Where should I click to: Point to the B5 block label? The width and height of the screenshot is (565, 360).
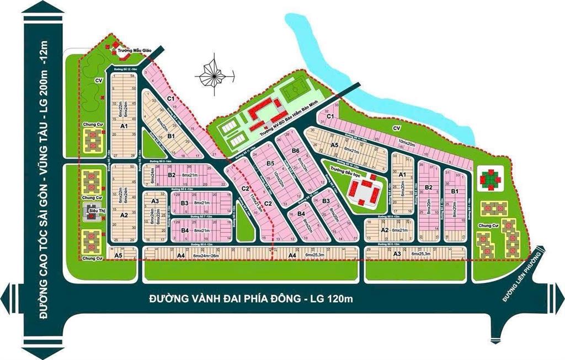[x=270, y=164]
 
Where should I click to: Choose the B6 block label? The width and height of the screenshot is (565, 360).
[x=295, y=151]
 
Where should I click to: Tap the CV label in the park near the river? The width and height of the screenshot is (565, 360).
[x=396, y=128]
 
